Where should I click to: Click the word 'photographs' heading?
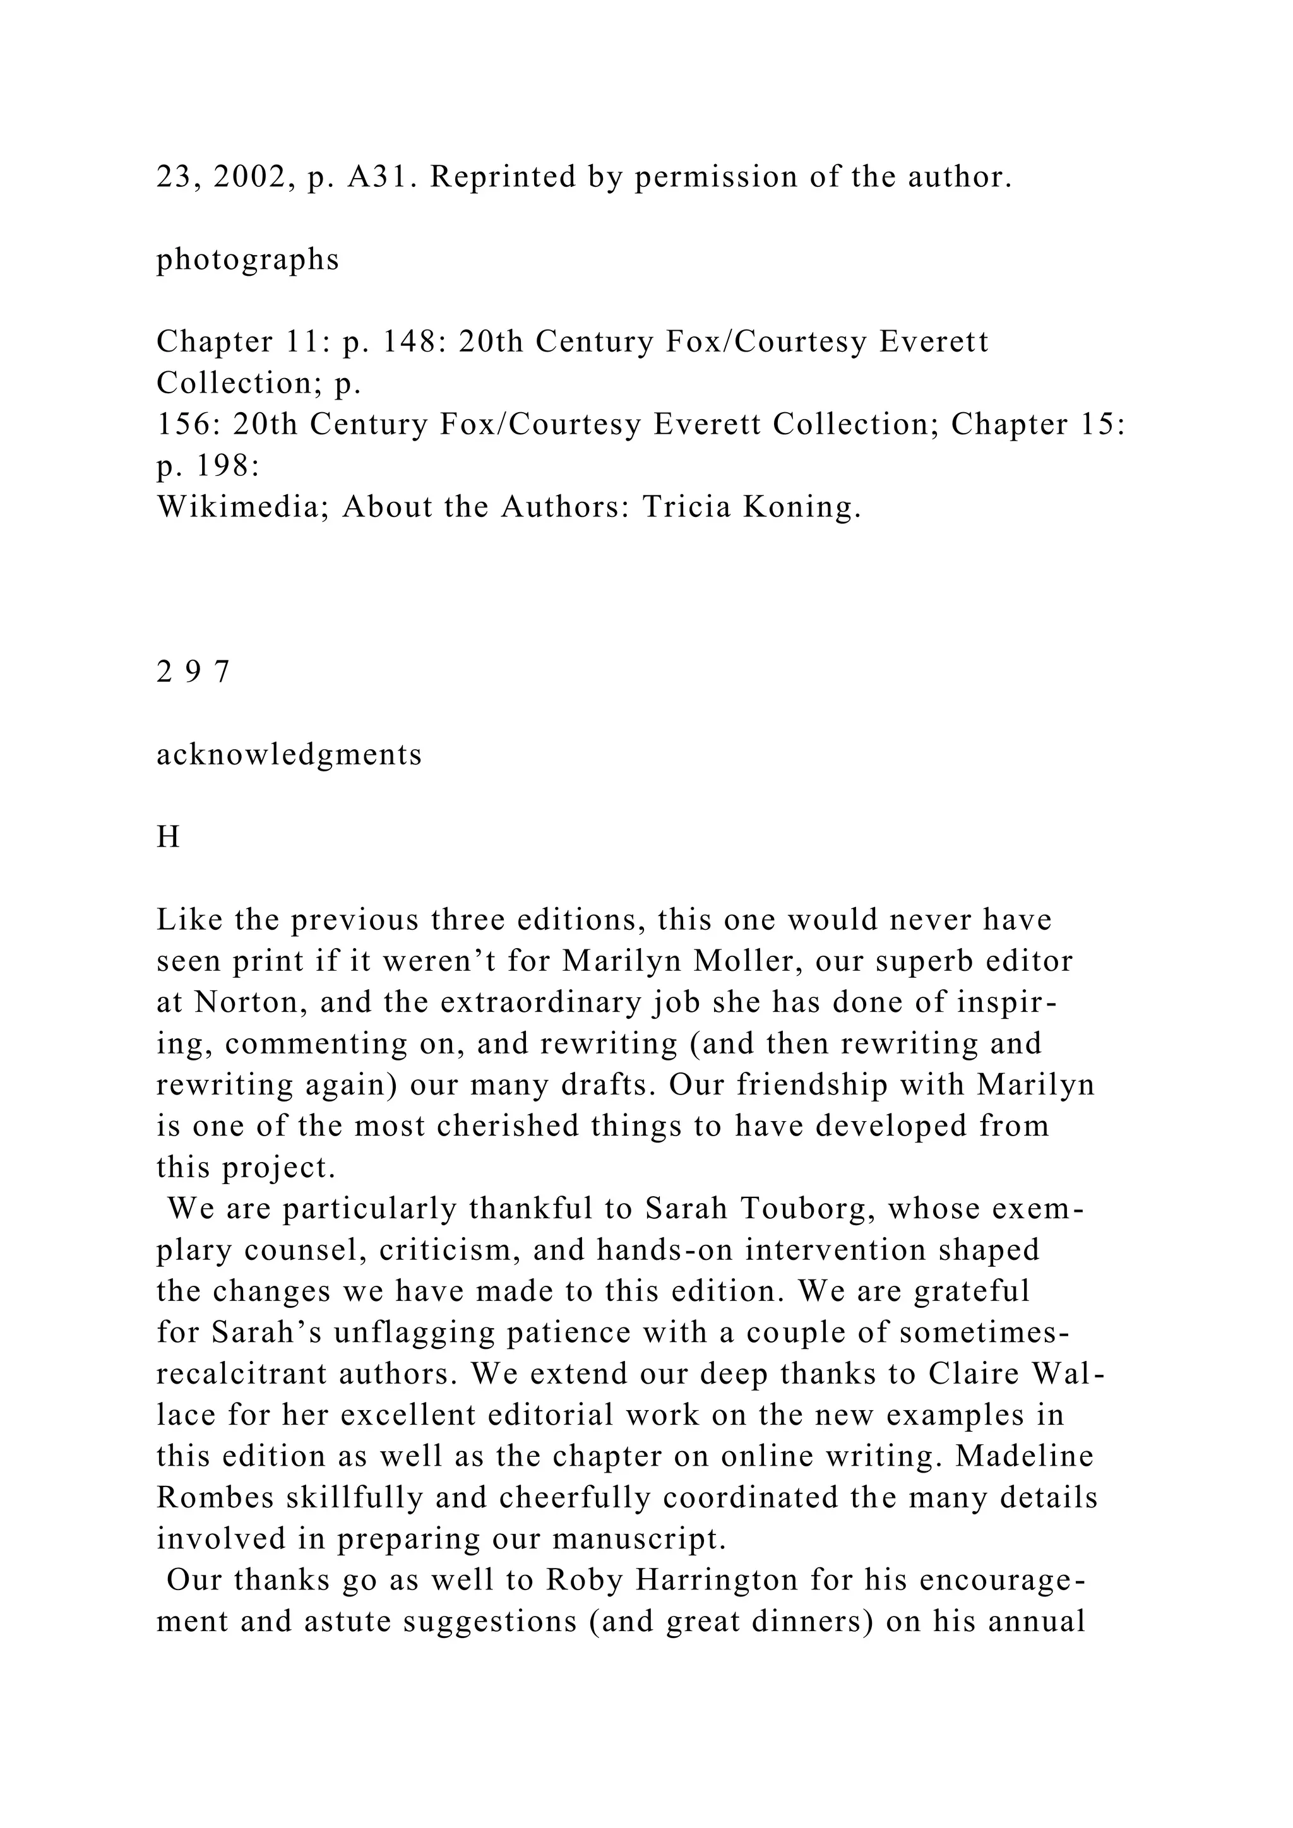(247, 259)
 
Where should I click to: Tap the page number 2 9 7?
(193, 673)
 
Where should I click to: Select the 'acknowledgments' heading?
(289, 755)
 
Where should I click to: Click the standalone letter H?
(168, 838)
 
